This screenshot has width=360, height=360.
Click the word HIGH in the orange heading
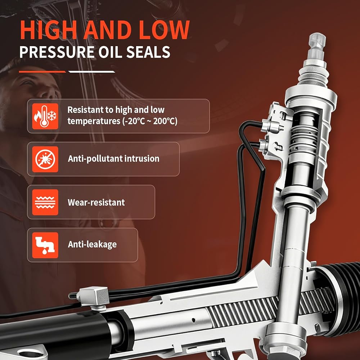pos(49,30)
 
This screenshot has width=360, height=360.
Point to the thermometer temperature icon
pos(45,116)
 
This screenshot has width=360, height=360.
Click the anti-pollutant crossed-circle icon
pos(45,159)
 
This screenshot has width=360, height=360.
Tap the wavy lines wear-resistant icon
pos(45,202)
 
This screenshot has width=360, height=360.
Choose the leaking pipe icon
pos(45,245)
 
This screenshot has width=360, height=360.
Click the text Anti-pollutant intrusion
pos(114,159)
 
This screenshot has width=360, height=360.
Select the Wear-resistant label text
pos(96,202)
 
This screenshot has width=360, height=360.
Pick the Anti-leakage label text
pos(92,244)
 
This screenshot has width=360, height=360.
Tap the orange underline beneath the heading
pos(42,72)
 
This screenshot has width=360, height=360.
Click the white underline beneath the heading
pos(92,72)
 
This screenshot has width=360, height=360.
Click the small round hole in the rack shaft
pos(194,320)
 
